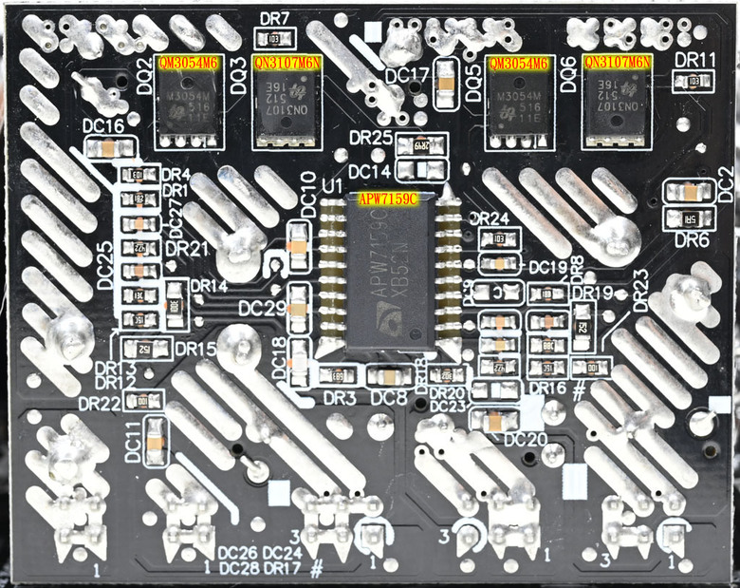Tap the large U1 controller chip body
point(384,275)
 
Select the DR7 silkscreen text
point(274,19)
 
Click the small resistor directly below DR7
point(274,39)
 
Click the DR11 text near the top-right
point(694,60)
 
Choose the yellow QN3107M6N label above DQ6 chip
point(619,63)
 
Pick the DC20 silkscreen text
point(525,439)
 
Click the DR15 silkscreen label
point(195,350)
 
